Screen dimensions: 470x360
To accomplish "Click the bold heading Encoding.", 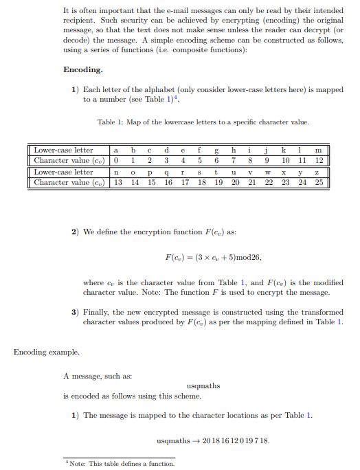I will tap(83, 70).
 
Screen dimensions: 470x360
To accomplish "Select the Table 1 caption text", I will tap(203, 122).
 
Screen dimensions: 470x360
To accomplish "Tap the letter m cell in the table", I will tap(317, 150).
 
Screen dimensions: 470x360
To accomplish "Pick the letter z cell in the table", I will tap(317, 172).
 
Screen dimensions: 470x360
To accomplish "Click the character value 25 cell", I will tap(317, 182).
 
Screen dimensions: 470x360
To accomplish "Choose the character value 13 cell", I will tap(117, 182).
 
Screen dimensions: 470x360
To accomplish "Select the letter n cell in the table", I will tap(117, 172).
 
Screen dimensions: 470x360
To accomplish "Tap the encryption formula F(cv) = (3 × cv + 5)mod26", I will tap(213, 257).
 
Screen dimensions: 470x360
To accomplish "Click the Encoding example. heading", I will tap(46, 352).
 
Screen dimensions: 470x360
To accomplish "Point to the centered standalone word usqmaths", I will tap(203, 385).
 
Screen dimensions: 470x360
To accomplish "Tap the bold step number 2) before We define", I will tap(76, 232).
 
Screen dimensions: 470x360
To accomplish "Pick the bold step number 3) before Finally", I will tap(76, 312).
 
